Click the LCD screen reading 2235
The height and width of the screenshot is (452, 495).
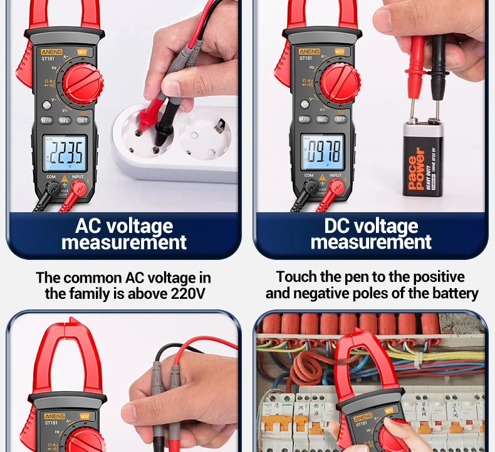[x=65, y=153]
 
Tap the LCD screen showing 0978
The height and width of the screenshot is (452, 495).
[x=323, y=152]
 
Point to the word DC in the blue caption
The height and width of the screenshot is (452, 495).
[x=339, y=226]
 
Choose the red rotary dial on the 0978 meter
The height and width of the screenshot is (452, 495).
[x=341, y=83]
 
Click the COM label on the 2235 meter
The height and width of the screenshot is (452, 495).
[x=51, y=177]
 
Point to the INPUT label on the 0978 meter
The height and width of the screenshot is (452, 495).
[x=336, y=176]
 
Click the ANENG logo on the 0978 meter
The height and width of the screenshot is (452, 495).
[x=309, y=51]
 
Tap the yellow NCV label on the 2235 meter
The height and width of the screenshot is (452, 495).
[x=82, y=51]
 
